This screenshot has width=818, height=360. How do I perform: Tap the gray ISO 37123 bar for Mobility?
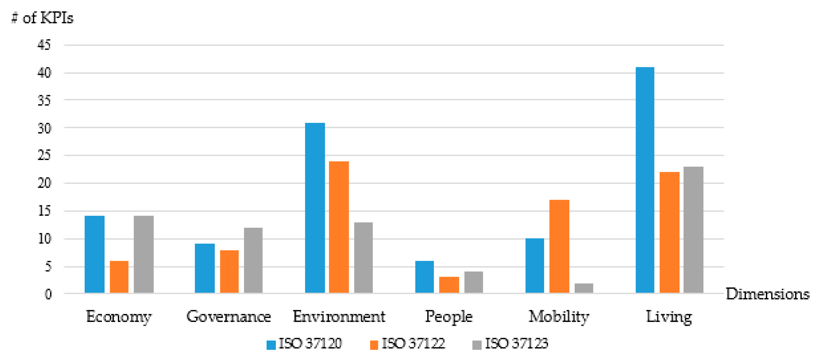click(x=584, y=288)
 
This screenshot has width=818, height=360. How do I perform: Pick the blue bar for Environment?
click(x=315, y=208)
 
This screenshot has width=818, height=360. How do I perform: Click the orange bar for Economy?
click(x=119, y=276)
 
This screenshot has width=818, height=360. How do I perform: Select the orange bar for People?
click(x=449, y=284)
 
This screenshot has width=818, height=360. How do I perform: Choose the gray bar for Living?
click(x=693, y=230)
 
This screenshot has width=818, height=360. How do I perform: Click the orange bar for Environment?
click(x=339, y=227)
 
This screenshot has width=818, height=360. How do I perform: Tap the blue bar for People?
click(x=424, y=276)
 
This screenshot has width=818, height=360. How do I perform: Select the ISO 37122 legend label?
click(x=413, y=344)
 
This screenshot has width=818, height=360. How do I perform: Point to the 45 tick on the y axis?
click(x=44, y=45)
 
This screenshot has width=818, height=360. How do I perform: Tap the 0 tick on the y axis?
click(x=48, y=294)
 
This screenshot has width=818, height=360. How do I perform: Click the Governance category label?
click(x=229, y=317)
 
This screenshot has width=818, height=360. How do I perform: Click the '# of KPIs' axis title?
click(x=43, y=18)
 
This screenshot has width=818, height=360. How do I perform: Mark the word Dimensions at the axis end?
click(x=767, y=294)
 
